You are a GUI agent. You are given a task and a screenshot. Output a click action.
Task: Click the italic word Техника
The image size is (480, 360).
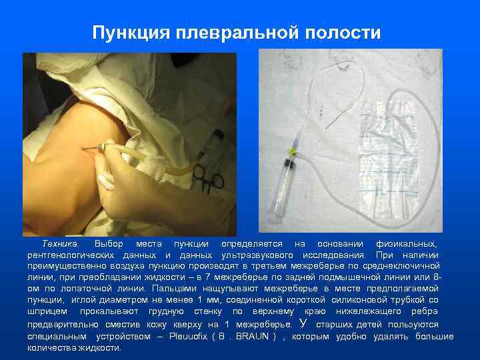[x=61, y=244]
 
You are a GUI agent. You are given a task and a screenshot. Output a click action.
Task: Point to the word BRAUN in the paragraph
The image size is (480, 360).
[x=255, y=337]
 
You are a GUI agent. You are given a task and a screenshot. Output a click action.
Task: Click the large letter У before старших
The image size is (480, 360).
[x=303, y=324]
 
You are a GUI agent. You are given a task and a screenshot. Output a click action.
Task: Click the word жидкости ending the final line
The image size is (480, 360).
[x=99, y=348]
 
